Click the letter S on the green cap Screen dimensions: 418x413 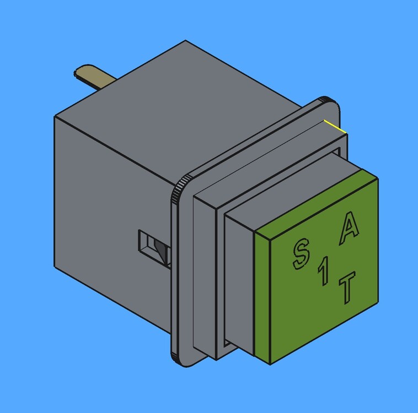(x=301, y=253)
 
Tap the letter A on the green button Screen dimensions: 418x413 (x=350, y=228)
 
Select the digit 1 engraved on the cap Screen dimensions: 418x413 (x=323, y=271)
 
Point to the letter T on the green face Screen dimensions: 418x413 (x=347, y=287)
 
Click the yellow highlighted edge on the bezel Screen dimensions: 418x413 (x=335, y=127)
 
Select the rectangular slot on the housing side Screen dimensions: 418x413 (x=154, y=248)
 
